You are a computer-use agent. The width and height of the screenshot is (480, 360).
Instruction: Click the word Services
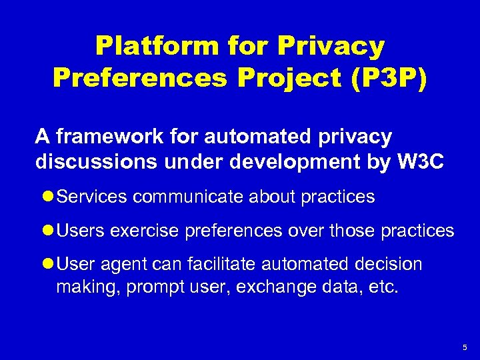point(93,197)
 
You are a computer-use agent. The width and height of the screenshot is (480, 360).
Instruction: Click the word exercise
point(141,231)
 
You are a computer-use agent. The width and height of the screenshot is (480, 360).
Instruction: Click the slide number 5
point(465,348)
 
